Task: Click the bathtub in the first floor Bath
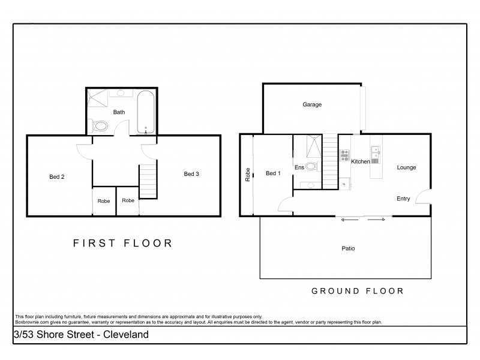[x=146, y=112]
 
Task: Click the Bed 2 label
[x=57, y=176]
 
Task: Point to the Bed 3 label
[x=191, y=174]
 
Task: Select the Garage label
[x=312, y=104]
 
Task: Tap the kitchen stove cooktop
[x=345, y=156]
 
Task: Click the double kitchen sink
[x=376, y=155]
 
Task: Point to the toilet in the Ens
[x=311, y=166]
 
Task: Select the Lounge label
[x=406, y=167]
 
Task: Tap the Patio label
[x=349, y=248]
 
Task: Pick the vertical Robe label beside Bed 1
[x=247, y=175]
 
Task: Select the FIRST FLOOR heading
[x=123, y=244]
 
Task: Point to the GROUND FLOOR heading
[x=357, y=291]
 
